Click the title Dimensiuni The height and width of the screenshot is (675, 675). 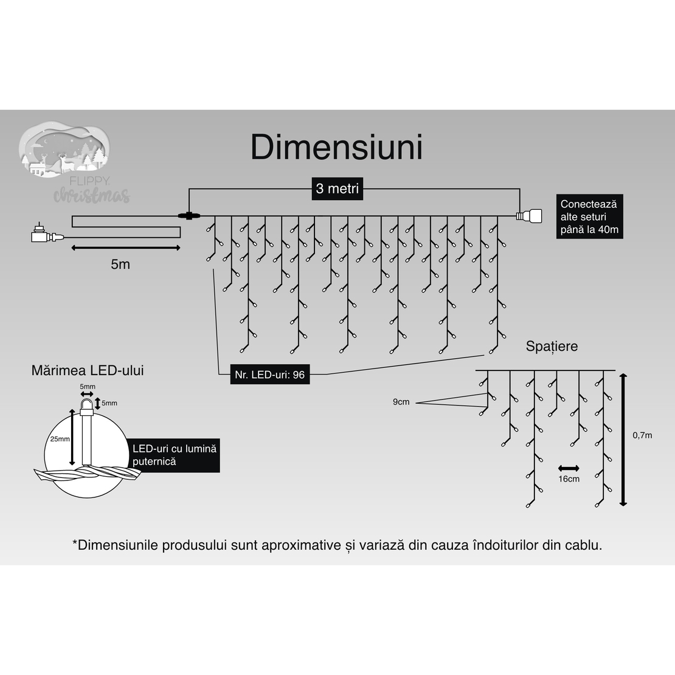click(336, 148)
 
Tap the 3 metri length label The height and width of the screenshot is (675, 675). click(337, 189)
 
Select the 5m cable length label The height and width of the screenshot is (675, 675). click(120, 265)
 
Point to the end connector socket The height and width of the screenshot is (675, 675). click(529, 215)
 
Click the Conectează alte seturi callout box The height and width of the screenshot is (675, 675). click(589, 217)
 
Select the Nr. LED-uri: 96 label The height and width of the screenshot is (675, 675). click(269, 375)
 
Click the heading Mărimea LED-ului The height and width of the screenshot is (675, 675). click(88, 370)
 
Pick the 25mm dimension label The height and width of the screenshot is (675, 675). click(60, 439)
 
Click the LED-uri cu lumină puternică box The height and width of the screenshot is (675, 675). click(175, 455)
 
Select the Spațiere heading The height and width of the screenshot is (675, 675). click(552, 347)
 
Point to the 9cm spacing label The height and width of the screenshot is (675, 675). click(401, 402)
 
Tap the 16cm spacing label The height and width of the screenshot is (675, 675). click(569, 479)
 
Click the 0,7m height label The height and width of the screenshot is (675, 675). click(642, 435)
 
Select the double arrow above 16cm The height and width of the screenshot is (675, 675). click(569, 468)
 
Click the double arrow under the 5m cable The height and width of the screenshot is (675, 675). click(126, 247)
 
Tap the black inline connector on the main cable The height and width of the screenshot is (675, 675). click(189, 215)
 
